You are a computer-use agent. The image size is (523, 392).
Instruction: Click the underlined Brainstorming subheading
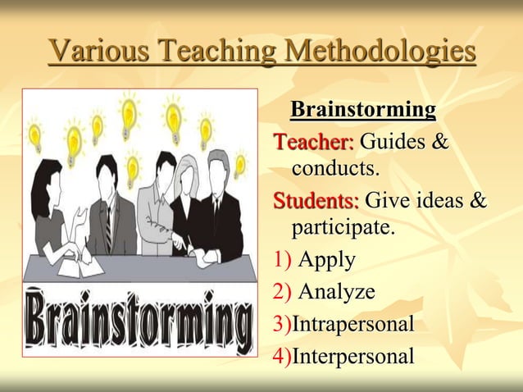coord(363,109)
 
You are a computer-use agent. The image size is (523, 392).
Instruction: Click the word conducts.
coord(336,170)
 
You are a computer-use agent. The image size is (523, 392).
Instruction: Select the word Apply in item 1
coord(326,260)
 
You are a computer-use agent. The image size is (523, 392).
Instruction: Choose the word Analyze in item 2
coord(336,291)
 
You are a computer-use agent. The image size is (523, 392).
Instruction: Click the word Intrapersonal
coord(352,324)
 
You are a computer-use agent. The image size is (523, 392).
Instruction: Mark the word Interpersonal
coord(352,357)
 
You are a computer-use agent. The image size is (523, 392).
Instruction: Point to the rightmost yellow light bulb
coord(240,164)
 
